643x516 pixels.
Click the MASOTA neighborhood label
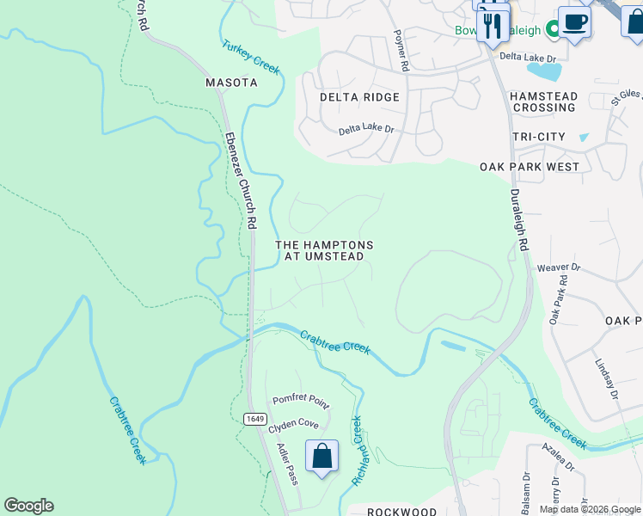[231, 83]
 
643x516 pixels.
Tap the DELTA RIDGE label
[359, 97]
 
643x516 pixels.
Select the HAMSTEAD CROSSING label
[543, 102]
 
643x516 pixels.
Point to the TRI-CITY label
[539, 138]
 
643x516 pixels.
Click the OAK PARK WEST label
[530, 167]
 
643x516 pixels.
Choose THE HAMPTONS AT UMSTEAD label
[324, 251]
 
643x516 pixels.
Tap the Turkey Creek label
[251, 57]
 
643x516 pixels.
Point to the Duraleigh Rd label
[518, 220]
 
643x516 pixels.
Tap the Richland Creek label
[356, 451]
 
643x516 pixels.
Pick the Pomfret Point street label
[301, 400]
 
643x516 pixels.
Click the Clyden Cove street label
[293, 426]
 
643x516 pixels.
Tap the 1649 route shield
[254, 419]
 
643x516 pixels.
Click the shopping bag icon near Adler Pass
[321, 456]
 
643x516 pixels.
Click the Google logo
[28, 506]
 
